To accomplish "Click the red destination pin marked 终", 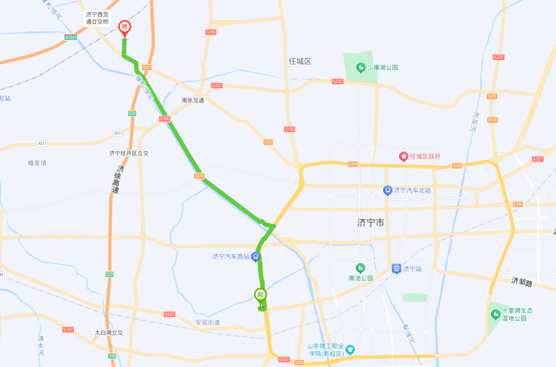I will click(x=125, y=28).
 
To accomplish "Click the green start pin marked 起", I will click(x=260, y=295).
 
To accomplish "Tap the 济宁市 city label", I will click(x=371, y=223).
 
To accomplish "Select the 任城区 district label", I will click(x=300, y=61).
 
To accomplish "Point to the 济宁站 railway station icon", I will click(x=396, y=269).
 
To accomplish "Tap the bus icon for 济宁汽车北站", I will click(x=387, y=190).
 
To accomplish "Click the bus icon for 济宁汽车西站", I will click(x=255, y=257).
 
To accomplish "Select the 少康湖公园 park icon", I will click(x=360, y=67).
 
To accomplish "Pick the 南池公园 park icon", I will click(x=360, y=268).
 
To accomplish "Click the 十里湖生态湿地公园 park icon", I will click(x=495, y=313).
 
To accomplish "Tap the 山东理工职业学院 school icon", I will click(x=350, y=349).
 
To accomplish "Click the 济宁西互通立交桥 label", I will click(x=98, y=18).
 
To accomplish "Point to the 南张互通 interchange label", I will click(x=193, y=100).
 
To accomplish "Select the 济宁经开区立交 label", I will click(x=129, y=153).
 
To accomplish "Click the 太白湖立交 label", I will click(x=109, y=333).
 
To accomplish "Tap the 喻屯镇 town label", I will click(x=37, y=163).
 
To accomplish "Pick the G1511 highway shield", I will click(x=71, y=38).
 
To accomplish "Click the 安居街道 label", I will click(x=207, y=323).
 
